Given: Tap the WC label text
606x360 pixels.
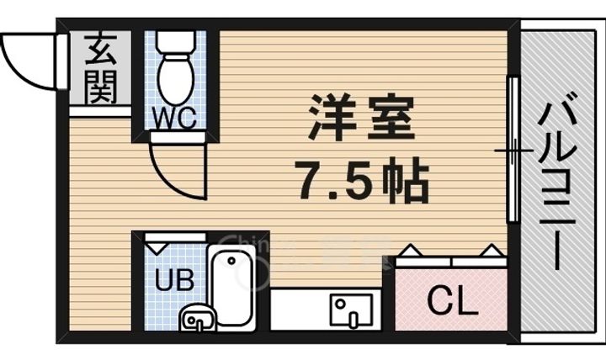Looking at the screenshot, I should click(x=175, y=118).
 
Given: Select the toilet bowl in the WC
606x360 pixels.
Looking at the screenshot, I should click(x=176, y=80).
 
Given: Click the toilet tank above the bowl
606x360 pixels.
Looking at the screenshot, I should click(x=176, y=41).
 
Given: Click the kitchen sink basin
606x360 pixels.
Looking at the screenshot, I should click(x=348, y=310).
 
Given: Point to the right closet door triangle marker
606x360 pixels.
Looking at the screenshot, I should click(x=490, y=250).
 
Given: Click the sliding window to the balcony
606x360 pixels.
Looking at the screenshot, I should click(x=511, y=151).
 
